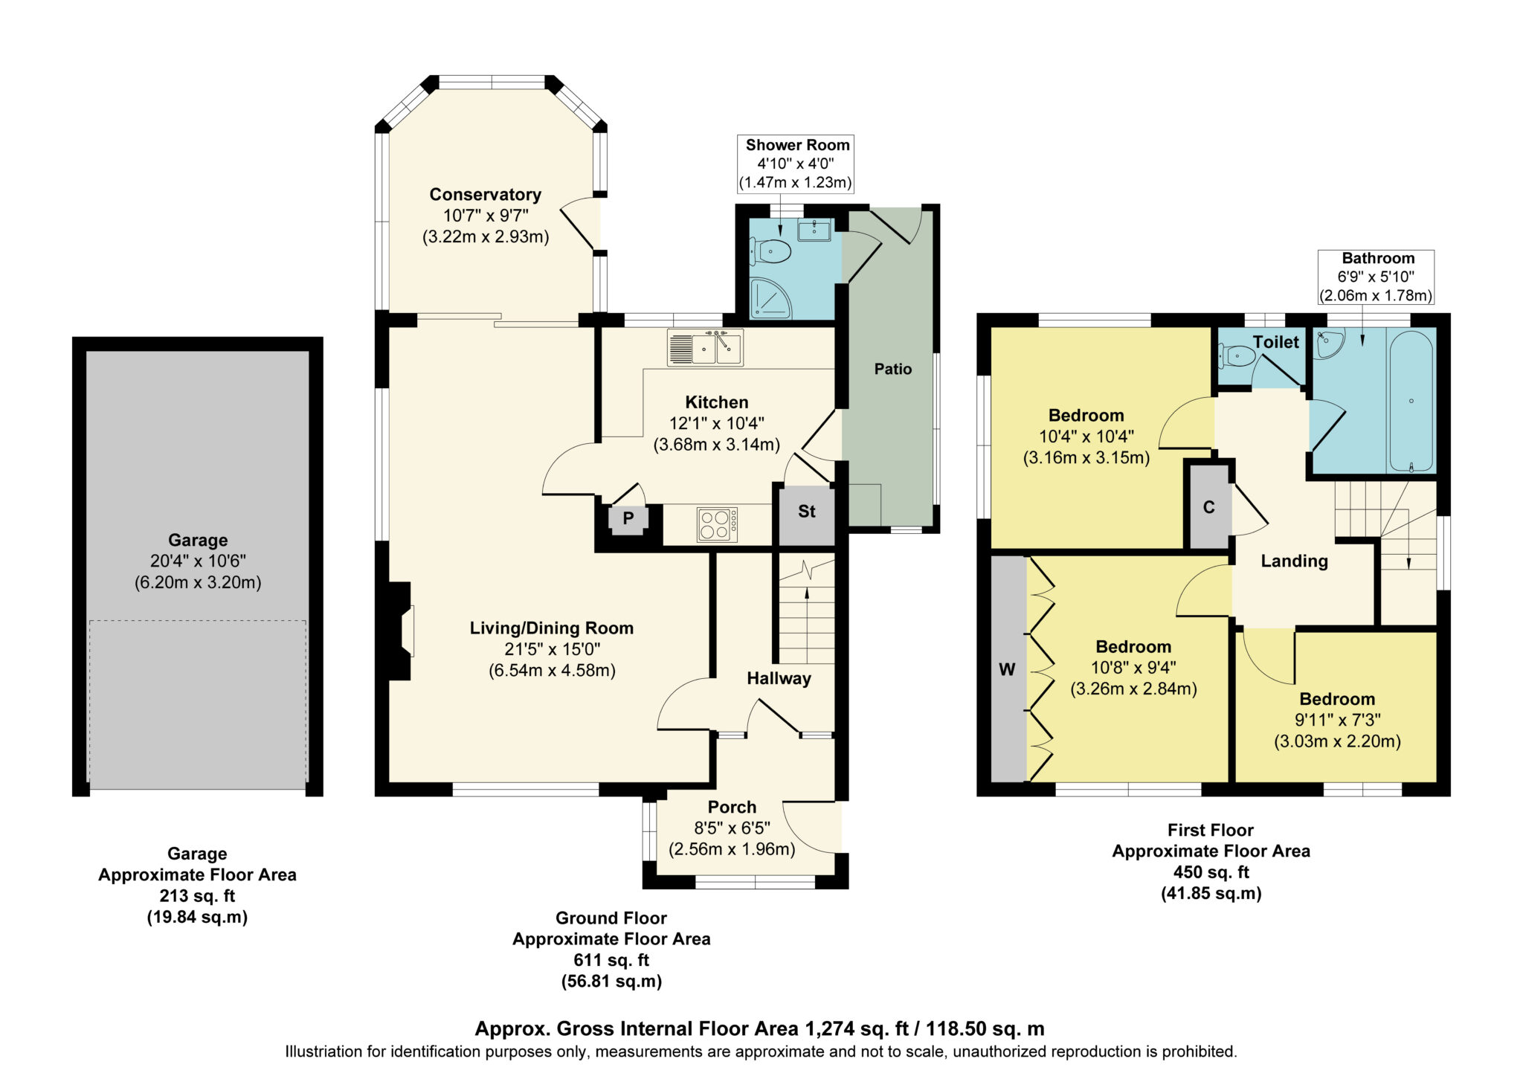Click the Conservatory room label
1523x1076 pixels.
point(485,195)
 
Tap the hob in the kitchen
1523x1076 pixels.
point(717,524)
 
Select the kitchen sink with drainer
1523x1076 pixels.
point(705,348)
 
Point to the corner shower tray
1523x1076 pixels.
point(770,297)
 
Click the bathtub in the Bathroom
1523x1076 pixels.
point(1411,400)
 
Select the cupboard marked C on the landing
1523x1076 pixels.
point(1208,507)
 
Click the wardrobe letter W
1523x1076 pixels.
point(1007,670)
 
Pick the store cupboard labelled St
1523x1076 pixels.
point(807,512)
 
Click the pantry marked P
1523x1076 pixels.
point(628,518)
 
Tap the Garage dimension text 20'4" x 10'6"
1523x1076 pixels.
point(198,561)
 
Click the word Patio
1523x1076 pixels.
point(892,370)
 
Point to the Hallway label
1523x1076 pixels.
point(779,678)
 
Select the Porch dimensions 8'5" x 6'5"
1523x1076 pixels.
point(732,828)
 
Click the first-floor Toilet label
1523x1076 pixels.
point(1275,342)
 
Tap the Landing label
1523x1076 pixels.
point(1294,561)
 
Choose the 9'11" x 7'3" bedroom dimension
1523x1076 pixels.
point(1337,720)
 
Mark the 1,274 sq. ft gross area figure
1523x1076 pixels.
point(857,1029)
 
